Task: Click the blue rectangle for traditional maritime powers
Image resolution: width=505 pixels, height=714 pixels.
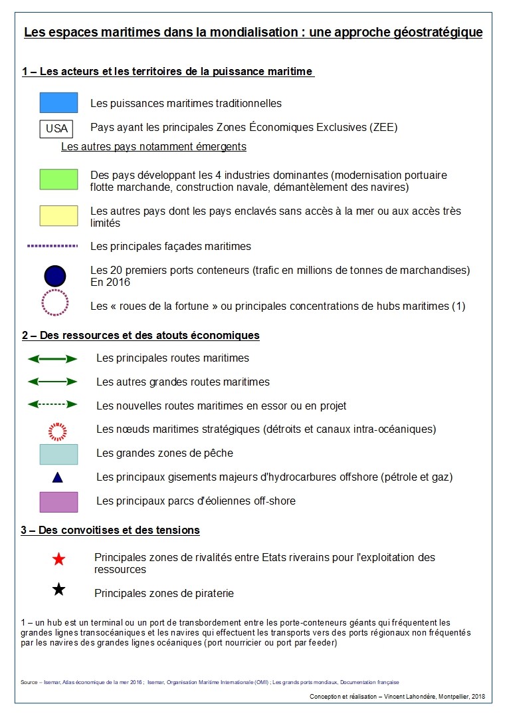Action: coord(58,103)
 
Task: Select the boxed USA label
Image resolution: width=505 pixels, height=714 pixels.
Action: coord(56,128)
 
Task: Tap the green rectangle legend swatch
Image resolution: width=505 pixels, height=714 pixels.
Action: coord(58,179)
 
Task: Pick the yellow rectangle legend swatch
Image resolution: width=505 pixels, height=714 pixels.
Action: coord(58,215)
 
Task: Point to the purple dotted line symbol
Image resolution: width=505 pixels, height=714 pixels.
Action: coord(52,246)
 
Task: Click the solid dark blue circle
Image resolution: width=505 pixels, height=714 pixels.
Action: coord(55,275)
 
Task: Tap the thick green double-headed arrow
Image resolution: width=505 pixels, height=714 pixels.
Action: coord(52,358)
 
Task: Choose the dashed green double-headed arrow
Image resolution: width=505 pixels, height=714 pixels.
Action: coord(52,404)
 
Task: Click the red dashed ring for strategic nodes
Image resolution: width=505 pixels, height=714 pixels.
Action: coord(58,431)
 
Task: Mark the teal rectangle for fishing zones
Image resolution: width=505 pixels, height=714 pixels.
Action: coord(58,454)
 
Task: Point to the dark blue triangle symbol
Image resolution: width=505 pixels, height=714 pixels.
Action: coord(58,477)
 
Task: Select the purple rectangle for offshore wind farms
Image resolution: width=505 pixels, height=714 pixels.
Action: coord(58,502)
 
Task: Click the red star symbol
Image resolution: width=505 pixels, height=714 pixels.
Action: coord(58,560)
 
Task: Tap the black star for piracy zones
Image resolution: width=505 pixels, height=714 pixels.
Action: coord(58,589)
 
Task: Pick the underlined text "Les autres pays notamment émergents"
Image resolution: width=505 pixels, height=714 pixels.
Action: coord(153,146)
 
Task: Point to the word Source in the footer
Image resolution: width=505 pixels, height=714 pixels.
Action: coord(29,682)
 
